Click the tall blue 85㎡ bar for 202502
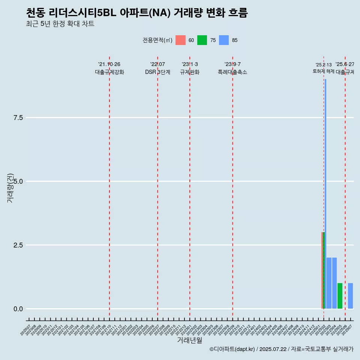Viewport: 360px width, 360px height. [x=325, y=187]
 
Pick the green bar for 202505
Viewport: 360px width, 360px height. [x=340, y=296]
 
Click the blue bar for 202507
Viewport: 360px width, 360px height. [x=350, y=296]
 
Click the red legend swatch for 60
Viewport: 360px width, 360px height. [x=180, y=40]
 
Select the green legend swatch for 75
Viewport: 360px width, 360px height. [x=202, y=40]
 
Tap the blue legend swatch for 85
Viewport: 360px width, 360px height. [x=224, y=40]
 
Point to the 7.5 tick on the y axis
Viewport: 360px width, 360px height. [x=18, y=118]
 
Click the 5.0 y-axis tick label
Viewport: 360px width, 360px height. [x=18, y=181]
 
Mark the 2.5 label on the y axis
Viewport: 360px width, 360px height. [x=18, y=245]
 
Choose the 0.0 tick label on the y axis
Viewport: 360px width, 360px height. [x=18, y=309]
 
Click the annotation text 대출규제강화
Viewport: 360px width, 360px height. [x=109, y=72]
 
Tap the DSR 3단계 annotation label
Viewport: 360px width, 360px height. [x=157, y=72]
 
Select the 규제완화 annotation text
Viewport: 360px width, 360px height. [x=190, y=72]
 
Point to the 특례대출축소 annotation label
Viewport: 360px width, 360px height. [x=232, y=72]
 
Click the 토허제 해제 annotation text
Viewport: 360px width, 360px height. [x=324, y=71]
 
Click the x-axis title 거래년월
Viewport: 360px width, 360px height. [x=189, y=340]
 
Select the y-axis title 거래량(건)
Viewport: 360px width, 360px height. [x=10, y=188]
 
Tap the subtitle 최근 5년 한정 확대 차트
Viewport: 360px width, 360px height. [x=60, y=24]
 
